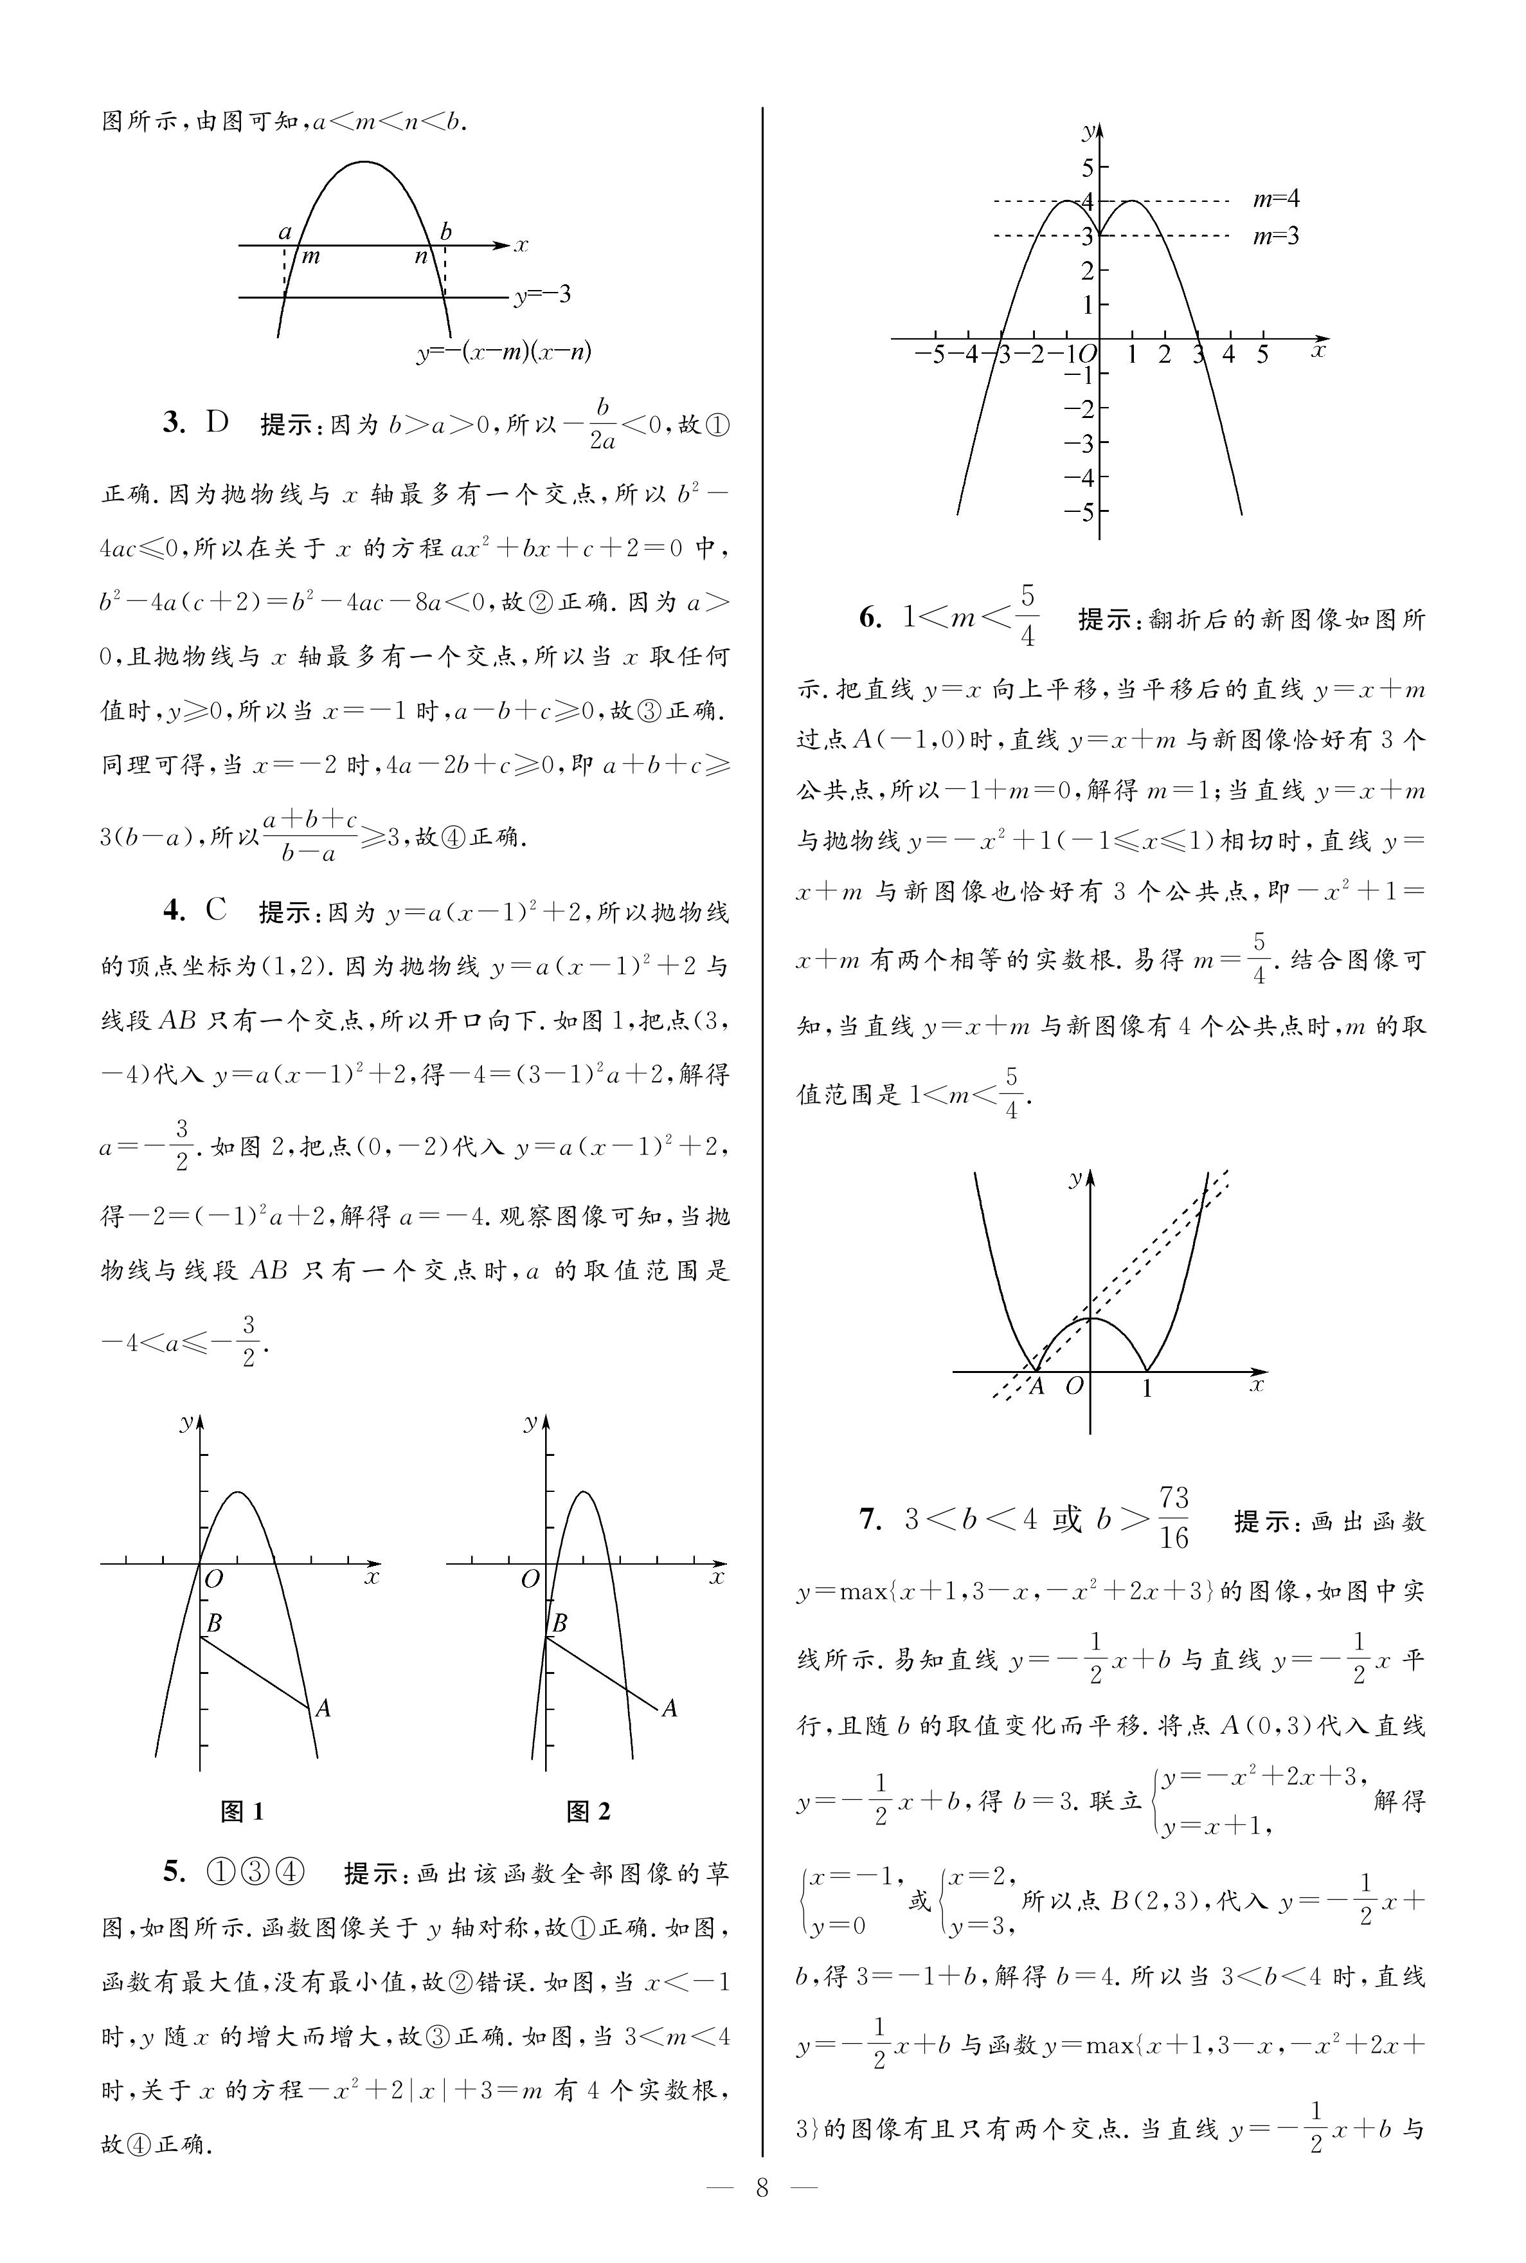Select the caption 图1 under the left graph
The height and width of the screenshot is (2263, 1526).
pyautogui.click(x=242, y=1810)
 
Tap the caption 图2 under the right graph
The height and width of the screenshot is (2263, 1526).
pyautogui.click(x=588, y=1810)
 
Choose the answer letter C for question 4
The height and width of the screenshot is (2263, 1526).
pyautogui.click(x=216, y=911)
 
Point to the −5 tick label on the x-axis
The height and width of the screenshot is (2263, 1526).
pyautogui.click(x=931, y=354)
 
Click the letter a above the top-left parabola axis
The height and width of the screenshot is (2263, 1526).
pyautogui.click(x=285, y=232)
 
